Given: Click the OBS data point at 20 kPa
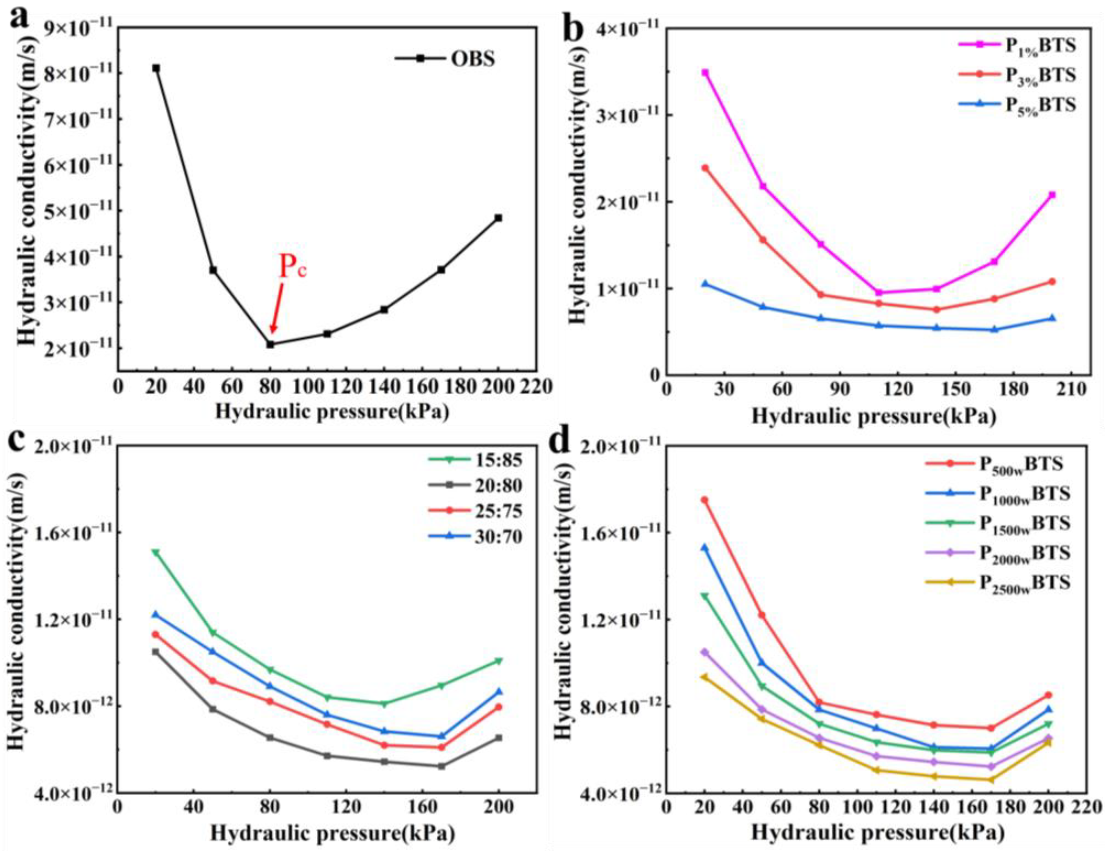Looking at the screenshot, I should pos(156,68).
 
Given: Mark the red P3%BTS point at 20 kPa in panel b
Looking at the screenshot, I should pos(705,167).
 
